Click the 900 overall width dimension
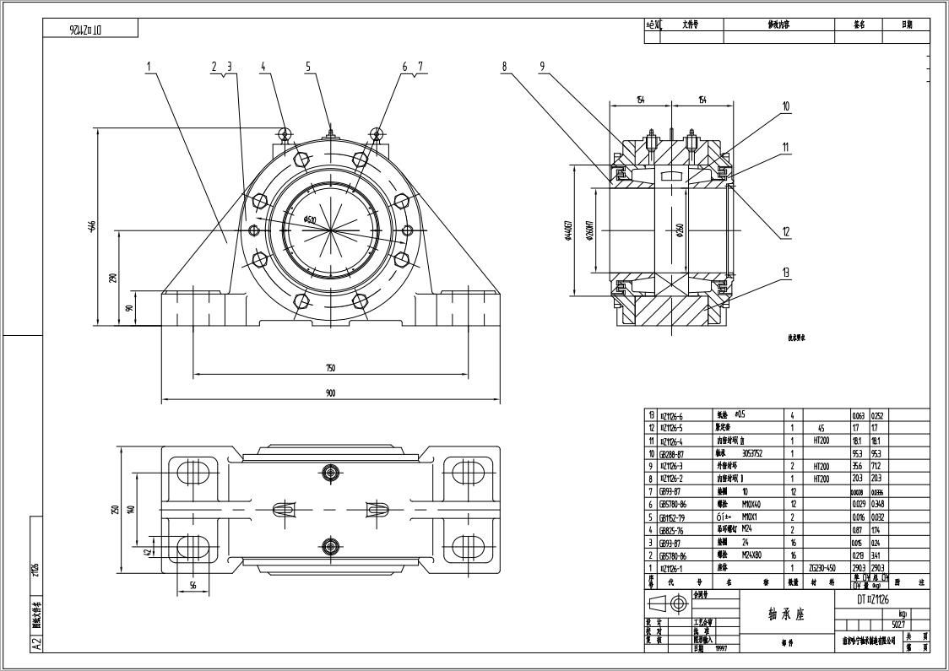click(330, 392)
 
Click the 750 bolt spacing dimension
click(330, 368)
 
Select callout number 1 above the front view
click(149, 66)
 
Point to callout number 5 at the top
click(308, 66)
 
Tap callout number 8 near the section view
click(504, 66)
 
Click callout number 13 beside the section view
click(786, 272)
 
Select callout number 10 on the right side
click(785, 107)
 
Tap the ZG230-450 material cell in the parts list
click(822, 568)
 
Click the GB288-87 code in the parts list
click(672, 453)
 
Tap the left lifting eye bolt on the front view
click(285, 133)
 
